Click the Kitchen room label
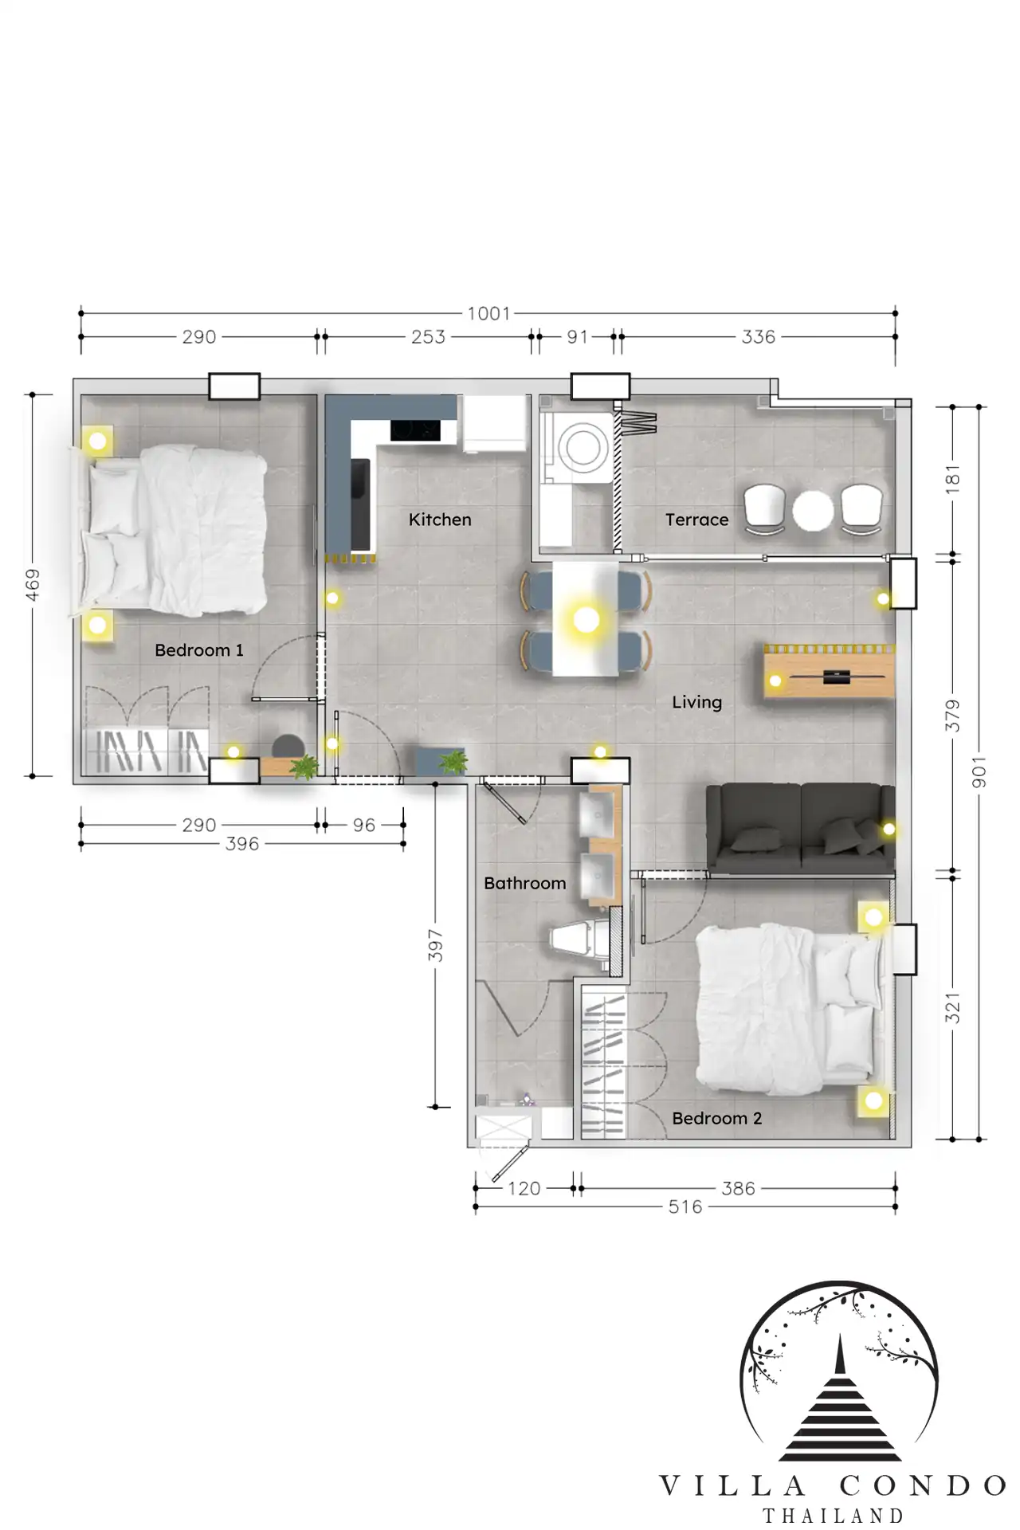point(440,520)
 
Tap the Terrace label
point(697,520)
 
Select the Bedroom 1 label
point(199,650)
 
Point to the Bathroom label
point(525,883)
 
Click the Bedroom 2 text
point(717,1118)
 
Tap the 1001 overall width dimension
point(488,313)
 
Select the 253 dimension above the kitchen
point(428,337)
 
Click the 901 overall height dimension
point(979,773)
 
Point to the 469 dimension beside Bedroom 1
point(32,584)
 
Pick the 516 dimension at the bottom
point(685,1206)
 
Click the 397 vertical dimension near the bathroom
point(435,945)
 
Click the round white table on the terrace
point(812,511)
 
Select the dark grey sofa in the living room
point(801,829)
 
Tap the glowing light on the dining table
point(586,619)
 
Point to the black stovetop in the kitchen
point(415,430)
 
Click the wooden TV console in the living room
point(830,671)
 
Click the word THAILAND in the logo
point(834,1515)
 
